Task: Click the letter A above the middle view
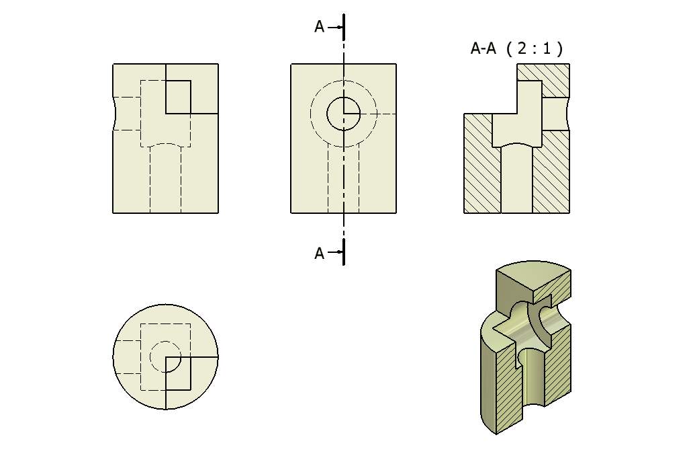pyautogui.click(x=320, y=27)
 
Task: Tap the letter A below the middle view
pyautogui.click(x=320, y=254)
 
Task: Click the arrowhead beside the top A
pyautogui.click(x=340, y=27)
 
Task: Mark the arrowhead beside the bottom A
pyautogui.click(x=340, y=254)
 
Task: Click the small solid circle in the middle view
pyautogui.click(x=343, y=114)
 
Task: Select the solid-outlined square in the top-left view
pyautogui.click(x=178, y=97)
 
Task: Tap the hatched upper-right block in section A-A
pyautogui.click(x=556, y=81)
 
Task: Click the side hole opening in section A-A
pyautogui.click(x=555, y=114)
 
